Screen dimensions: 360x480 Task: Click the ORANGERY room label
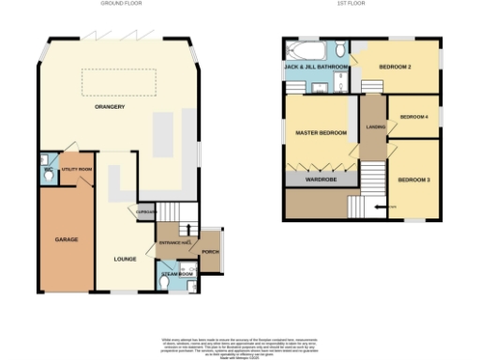click(110, 108)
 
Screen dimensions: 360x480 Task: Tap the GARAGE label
click(66, 239)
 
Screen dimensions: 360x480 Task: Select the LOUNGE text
click(126, 259)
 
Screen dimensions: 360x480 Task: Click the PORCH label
click(210, 252)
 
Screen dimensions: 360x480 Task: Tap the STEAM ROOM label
click(175, 274)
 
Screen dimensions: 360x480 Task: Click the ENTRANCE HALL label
click(174, 243)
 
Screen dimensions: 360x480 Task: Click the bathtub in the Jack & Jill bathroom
click(307, 51)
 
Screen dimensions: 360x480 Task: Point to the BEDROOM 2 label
click(397, 67)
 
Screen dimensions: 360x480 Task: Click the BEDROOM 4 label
click(413, 117)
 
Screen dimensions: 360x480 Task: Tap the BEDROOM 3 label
click(412, 179)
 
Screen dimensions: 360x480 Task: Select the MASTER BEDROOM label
click(321, 133)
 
